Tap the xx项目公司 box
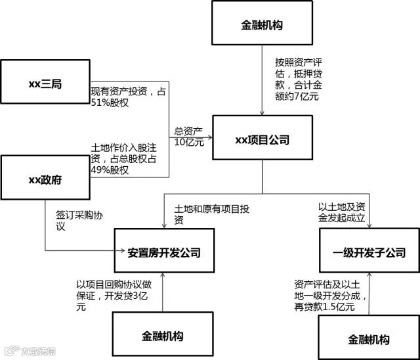(262, 140)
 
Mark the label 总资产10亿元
(189, 136)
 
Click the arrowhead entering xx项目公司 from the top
(262, 113)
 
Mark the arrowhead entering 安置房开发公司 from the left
(111, 250)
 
